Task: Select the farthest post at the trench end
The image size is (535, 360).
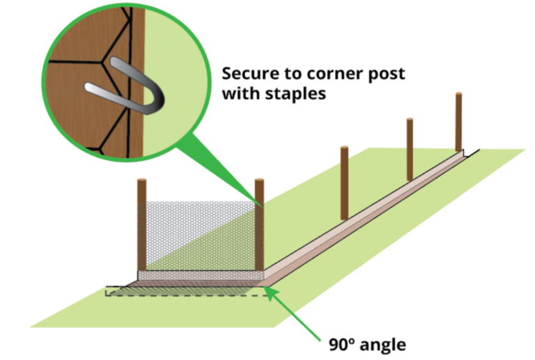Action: point(458,122)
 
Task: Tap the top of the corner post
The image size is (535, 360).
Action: point(259,181)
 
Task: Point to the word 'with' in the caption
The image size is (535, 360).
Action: point(238,94)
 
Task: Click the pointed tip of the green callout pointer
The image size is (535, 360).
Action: point(261,205)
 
